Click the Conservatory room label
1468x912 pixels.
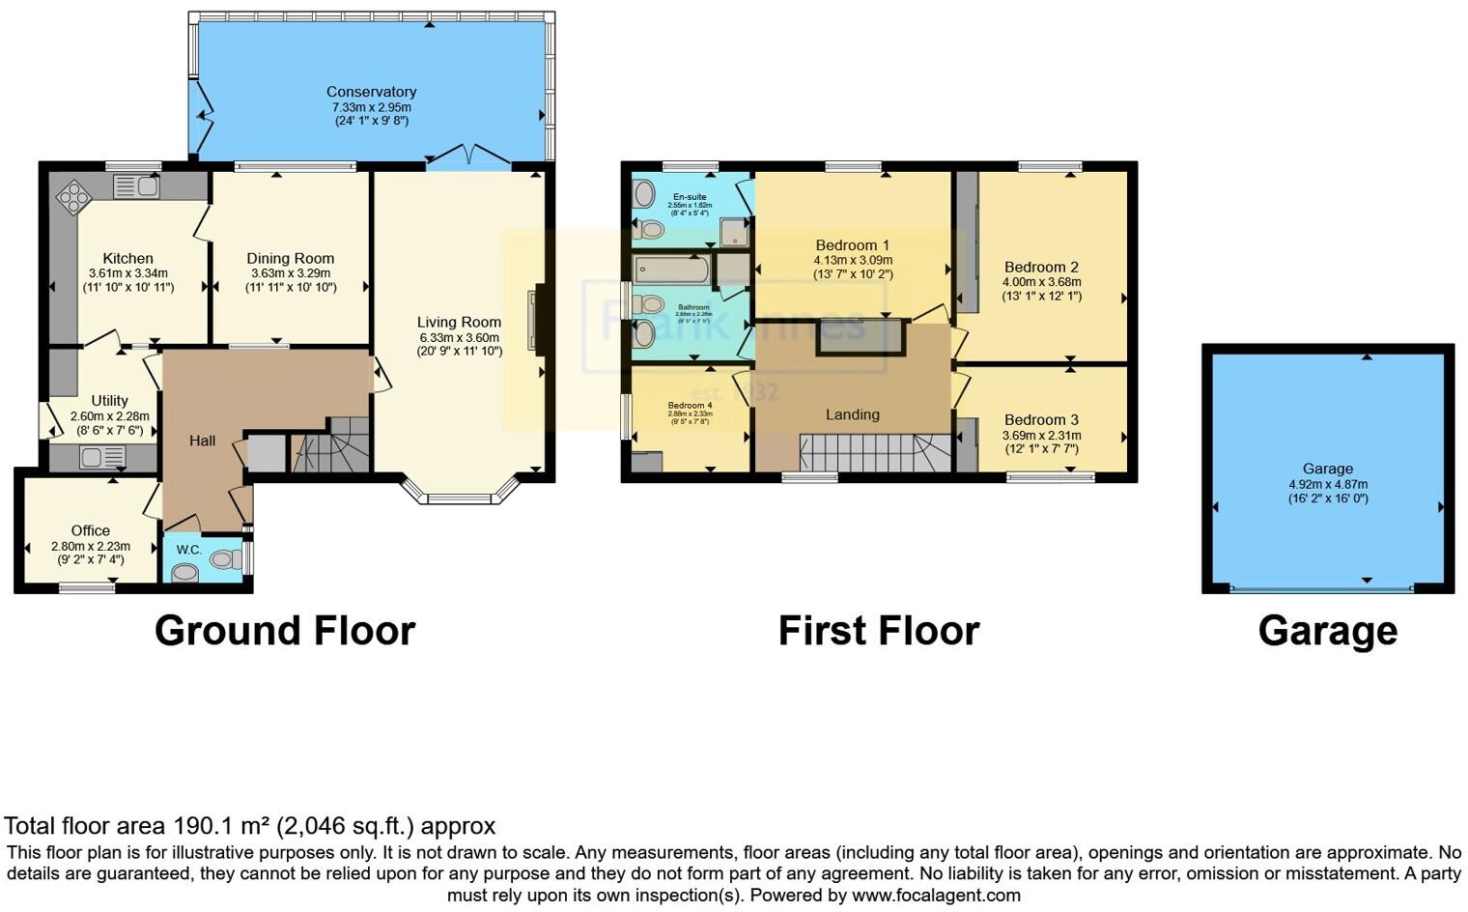point(371,92)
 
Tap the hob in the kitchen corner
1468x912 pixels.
point(73,197)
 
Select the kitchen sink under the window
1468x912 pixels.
point(136,186)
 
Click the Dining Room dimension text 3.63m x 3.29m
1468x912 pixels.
point(291,273)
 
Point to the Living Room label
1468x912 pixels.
point(459,322)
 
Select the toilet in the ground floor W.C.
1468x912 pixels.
point(226,558)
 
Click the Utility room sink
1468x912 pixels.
point(102,456)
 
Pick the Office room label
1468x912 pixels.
point(90,530)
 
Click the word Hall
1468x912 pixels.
point(202,441)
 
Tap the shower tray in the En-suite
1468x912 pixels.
point(736,231)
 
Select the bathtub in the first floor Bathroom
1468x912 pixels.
point(671,269)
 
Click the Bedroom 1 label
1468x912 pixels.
point(852,244)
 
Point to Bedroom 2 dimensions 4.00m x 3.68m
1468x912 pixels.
point(1042,282)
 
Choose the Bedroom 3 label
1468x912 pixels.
point(1041,419)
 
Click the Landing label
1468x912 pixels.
point(852,414)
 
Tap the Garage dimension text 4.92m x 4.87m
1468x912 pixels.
point(1328,484)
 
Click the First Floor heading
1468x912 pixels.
point(878,631)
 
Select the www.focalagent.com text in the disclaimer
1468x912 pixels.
point(936,895)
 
